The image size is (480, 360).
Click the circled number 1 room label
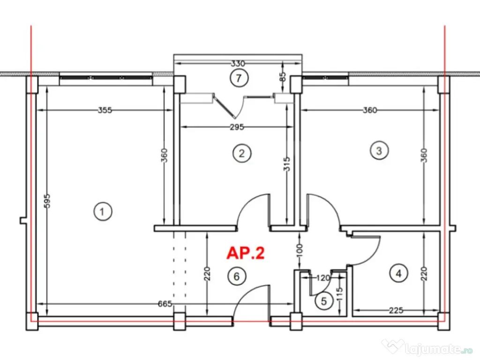point(102,212)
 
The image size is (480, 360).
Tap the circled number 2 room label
point(242,153)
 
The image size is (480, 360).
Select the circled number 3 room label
point(379,150)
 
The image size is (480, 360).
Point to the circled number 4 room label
point(398,273)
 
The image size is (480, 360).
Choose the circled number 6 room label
point(237,276)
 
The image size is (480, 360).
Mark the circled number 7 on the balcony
point(239,78)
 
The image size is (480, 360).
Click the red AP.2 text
point(246,253)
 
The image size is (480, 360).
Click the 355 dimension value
point(105,111)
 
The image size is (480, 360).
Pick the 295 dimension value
point(236,127)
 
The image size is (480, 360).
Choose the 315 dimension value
point(287,164)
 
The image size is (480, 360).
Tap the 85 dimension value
point(283,75)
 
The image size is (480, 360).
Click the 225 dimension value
point(396,310)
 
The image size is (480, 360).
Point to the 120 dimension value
point(323,277)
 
